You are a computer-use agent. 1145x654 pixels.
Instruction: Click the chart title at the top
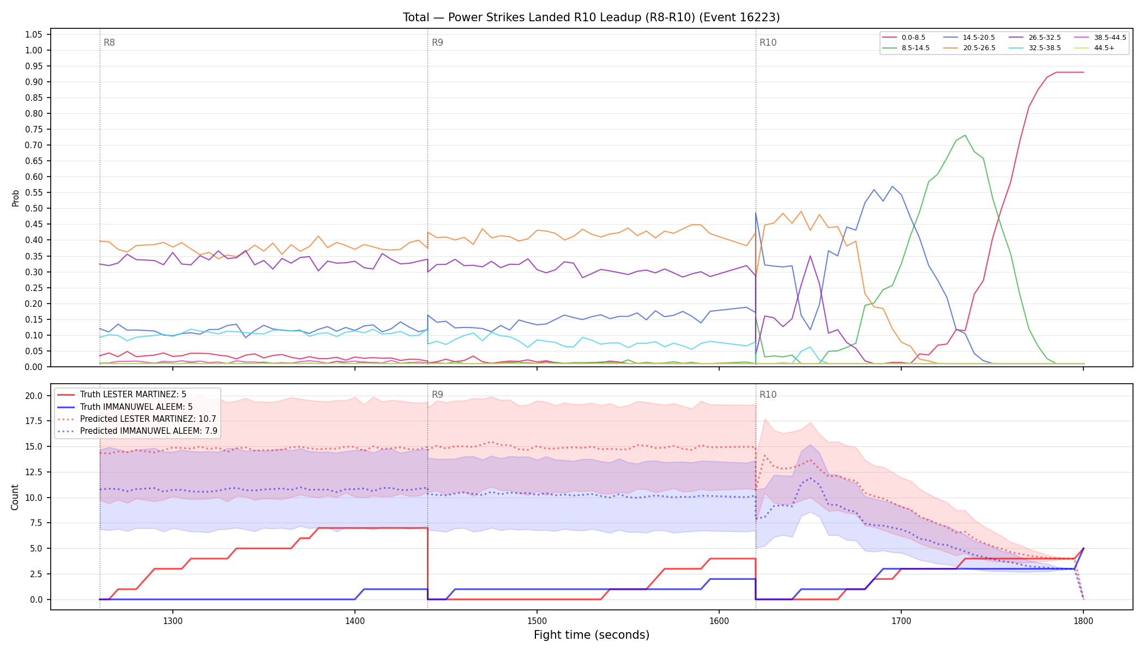[591, 17]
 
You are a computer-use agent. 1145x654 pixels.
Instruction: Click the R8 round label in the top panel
[109, 43]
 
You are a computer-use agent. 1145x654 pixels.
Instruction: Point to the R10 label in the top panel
[768, 43]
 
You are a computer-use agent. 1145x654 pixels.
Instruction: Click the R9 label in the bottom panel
[437, 395]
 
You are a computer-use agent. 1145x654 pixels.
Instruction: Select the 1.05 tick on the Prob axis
[34, 34]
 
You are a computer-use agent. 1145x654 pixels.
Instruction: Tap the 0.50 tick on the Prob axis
[34, 208]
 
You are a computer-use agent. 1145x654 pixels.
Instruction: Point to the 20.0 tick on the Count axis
[34, 396]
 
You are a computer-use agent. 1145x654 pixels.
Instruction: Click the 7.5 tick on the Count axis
[36, 523]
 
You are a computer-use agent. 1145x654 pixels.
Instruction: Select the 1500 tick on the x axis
[537, 620]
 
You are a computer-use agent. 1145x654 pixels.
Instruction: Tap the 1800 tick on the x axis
[1083, 620]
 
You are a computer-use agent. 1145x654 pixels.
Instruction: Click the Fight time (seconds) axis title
[592, 635]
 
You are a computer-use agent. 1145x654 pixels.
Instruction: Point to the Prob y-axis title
[15, 198]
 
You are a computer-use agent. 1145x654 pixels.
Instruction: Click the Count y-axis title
[15, 497]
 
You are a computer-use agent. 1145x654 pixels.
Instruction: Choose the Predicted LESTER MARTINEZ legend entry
[137, 419]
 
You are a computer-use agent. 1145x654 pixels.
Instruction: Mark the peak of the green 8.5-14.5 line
[965, 135]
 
